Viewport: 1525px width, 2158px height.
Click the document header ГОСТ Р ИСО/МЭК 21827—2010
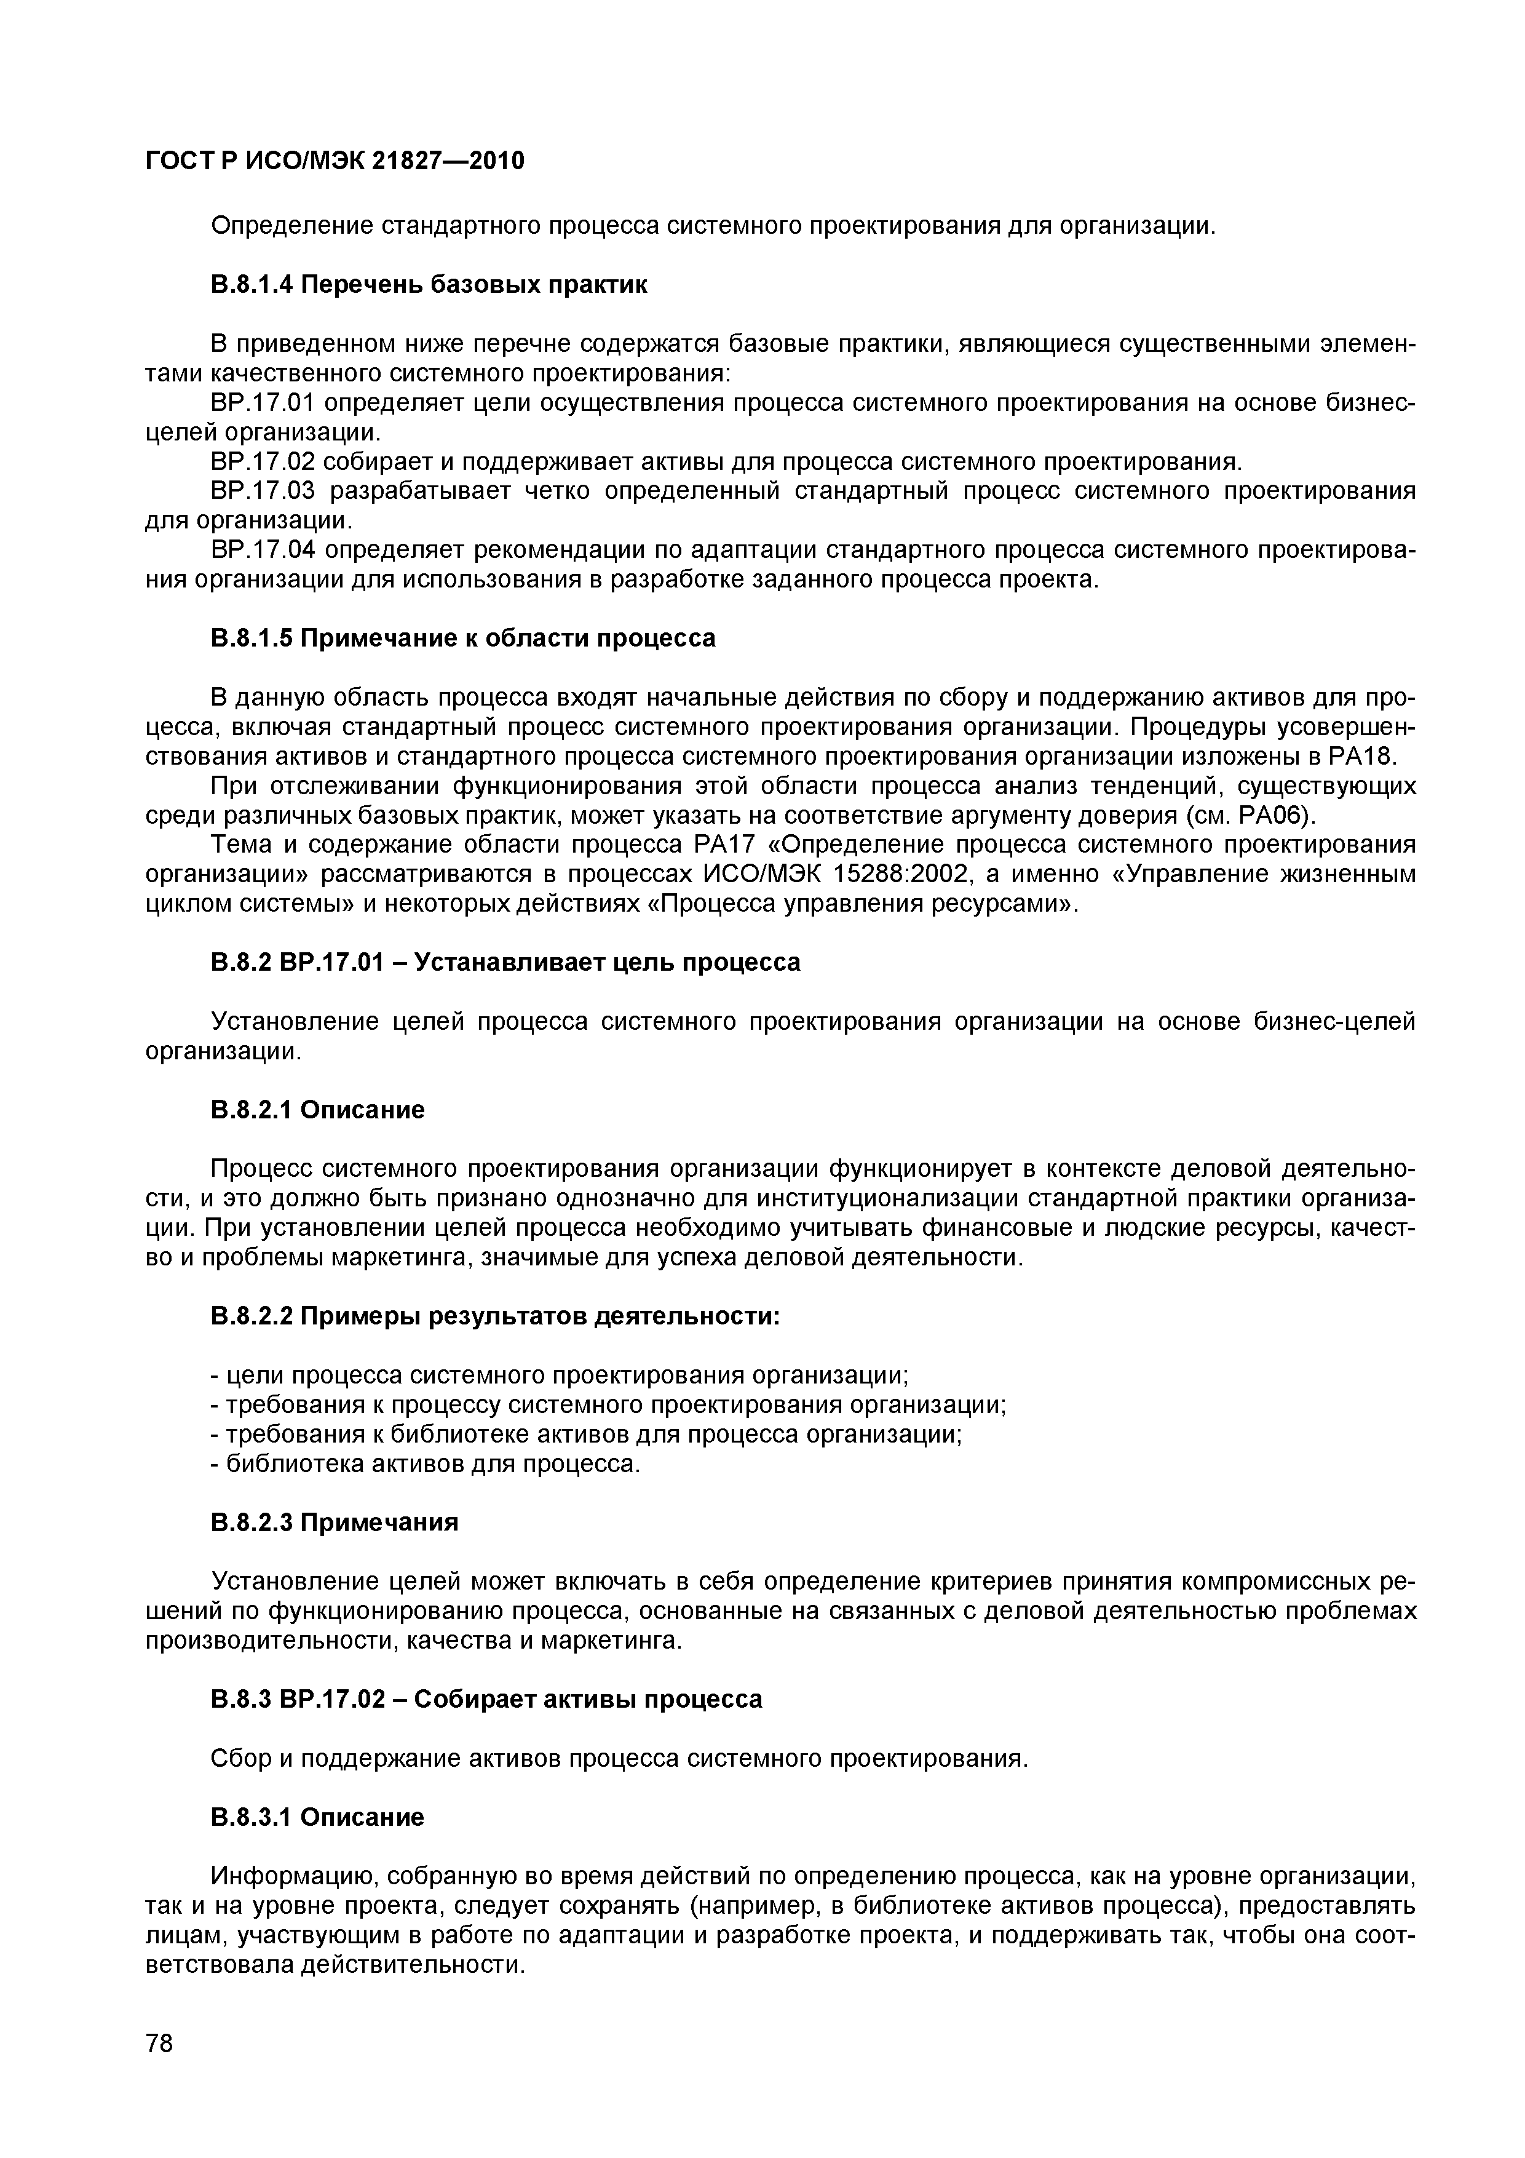(x=335, y=162)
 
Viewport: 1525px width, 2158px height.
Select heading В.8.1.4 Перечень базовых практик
(x=429, y=285)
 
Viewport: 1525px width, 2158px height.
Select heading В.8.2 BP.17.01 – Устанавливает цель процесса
(x=505, y=963)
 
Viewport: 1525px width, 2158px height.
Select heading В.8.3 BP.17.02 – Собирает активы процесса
(x=486, y=1699)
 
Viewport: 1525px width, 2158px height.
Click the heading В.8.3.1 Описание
(x=317, y=1817)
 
